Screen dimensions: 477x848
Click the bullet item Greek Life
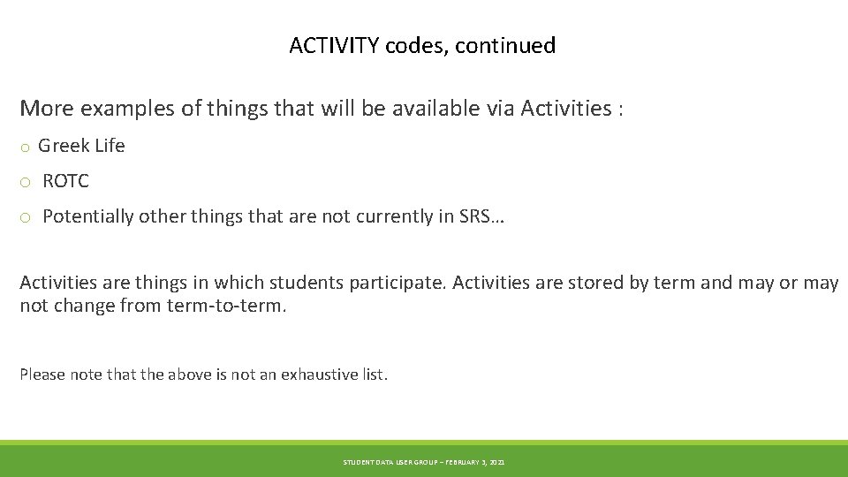[x=81, y=146]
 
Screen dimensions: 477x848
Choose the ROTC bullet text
[x=65, y=181]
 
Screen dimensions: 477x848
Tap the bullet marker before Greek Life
[x=26, y=148]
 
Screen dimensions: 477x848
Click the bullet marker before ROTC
[x=26, y=183]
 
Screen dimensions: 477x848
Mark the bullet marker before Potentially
[x=26, y=218]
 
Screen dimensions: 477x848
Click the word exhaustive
[x=319, y=375]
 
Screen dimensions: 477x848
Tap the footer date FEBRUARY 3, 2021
[x=475, y=462]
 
